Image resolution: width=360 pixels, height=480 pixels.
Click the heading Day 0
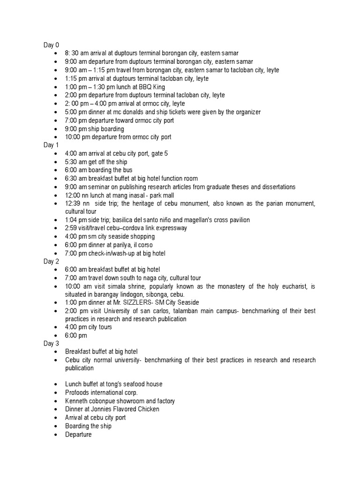(52, 45)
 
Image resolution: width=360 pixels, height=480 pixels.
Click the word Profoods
(76, 392)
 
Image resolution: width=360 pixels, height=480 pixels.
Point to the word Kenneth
(76, 401)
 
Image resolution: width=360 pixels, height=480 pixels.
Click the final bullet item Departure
(78, 435)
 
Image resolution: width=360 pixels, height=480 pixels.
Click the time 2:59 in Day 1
(72, 228)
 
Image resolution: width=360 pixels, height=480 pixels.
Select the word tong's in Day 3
(111, 384)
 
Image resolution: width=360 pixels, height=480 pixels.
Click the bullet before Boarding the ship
(56, 426)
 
